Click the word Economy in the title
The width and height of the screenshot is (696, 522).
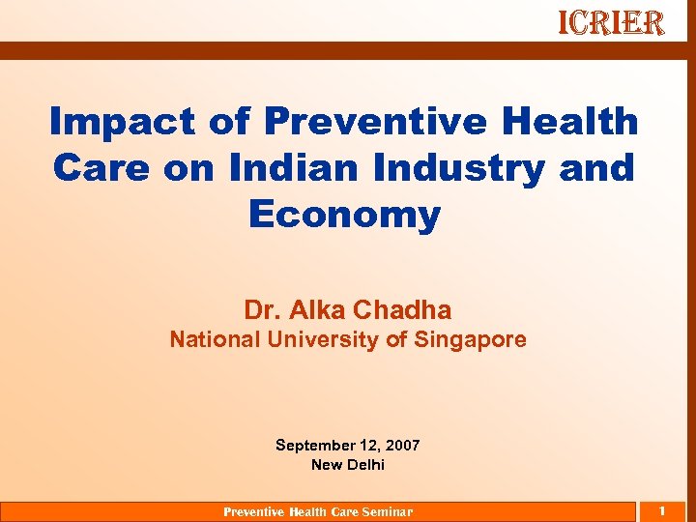point(345,214)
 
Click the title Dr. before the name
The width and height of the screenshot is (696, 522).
point(260,310)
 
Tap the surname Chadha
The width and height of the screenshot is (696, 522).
point(402,310)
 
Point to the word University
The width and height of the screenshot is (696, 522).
point(332,340)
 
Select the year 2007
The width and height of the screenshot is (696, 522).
point(403,446)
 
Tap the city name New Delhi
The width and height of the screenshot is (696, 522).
point(348,465)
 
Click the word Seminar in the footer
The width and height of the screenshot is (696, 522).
point(387,512)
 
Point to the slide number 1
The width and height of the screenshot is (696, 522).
point(662,510)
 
